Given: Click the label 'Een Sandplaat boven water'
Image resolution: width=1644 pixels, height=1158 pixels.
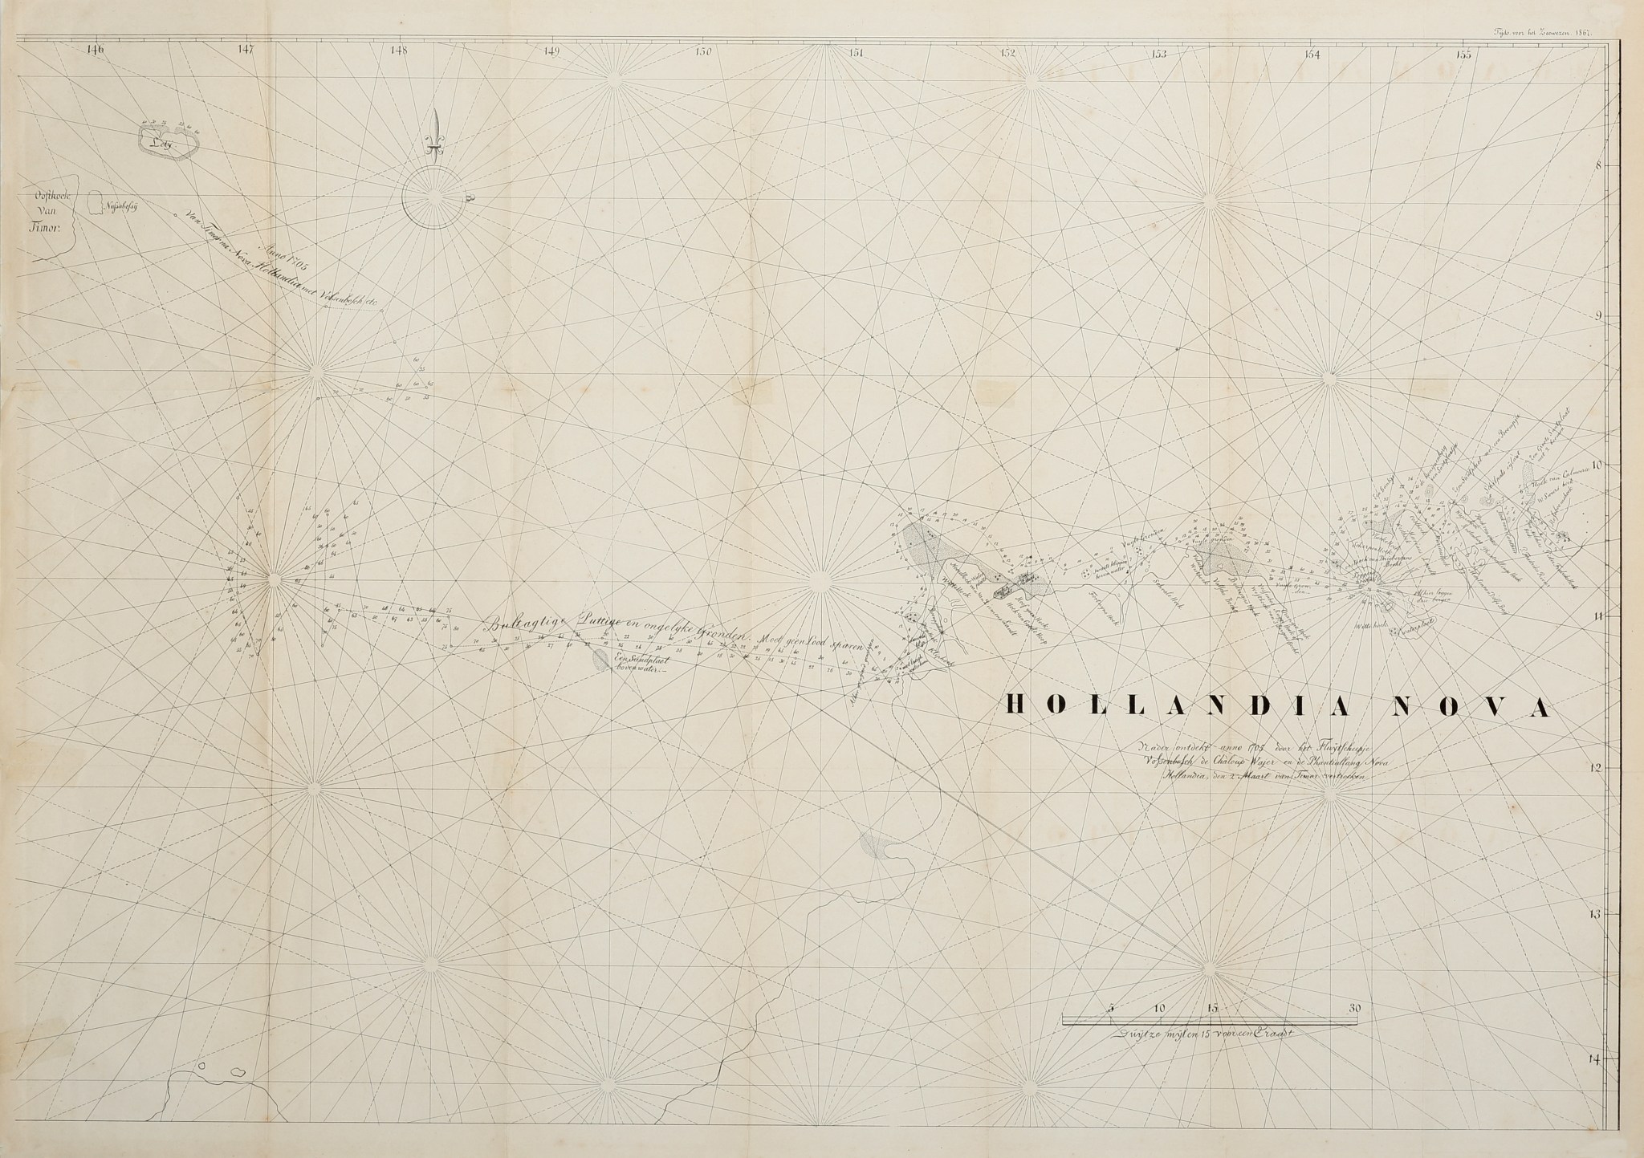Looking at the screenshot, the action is point(643,662).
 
